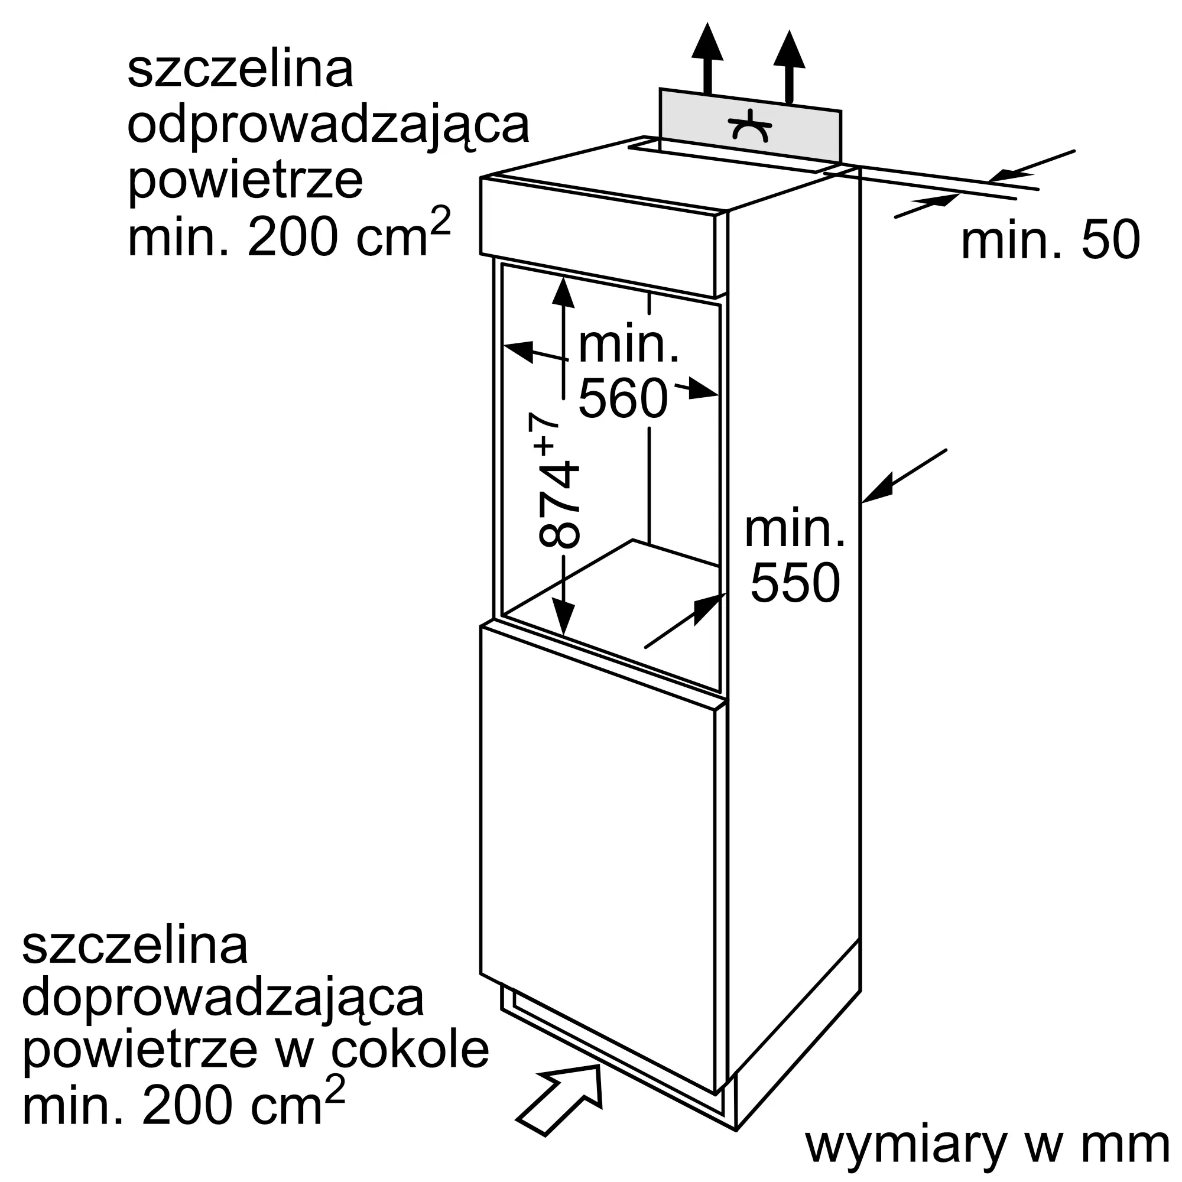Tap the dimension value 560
623,398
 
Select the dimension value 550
795,583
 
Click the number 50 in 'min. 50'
1110,241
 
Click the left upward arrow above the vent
707,57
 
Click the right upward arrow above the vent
788,66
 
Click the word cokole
410,1050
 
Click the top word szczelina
241,69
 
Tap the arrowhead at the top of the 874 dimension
563,291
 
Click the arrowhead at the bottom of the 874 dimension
563,619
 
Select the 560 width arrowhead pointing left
518,352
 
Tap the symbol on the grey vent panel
750,125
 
